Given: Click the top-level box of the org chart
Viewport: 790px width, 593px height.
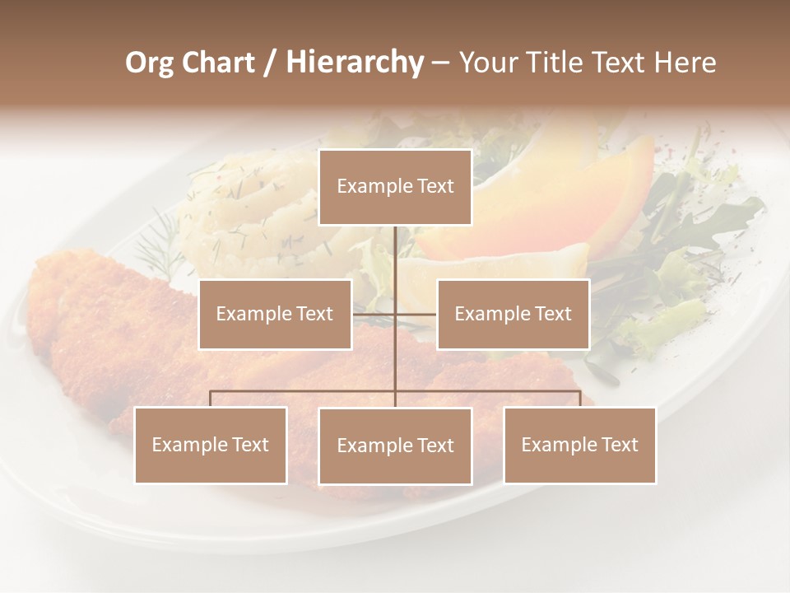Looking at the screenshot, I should pos(395,187).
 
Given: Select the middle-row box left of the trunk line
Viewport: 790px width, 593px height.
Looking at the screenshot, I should pos(275,314).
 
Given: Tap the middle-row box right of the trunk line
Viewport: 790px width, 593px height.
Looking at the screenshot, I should pos(513,314).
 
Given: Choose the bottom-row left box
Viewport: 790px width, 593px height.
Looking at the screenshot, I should pos(211,445).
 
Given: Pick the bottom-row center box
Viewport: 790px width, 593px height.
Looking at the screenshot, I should pos(395,446).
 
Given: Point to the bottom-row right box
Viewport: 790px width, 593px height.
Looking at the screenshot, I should pos(579,445).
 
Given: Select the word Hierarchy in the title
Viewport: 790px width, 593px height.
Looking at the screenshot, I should pos(354,63).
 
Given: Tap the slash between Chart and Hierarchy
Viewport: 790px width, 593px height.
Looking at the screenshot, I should pos(270,63).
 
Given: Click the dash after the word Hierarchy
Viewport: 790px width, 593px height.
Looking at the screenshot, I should pos(439,63).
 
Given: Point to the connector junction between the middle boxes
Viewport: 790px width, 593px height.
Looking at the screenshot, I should pos(395,314).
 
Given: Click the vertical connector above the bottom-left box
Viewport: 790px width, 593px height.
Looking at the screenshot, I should pos(211,399).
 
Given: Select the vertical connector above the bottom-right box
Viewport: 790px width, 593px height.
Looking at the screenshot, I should pos(579,399).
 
